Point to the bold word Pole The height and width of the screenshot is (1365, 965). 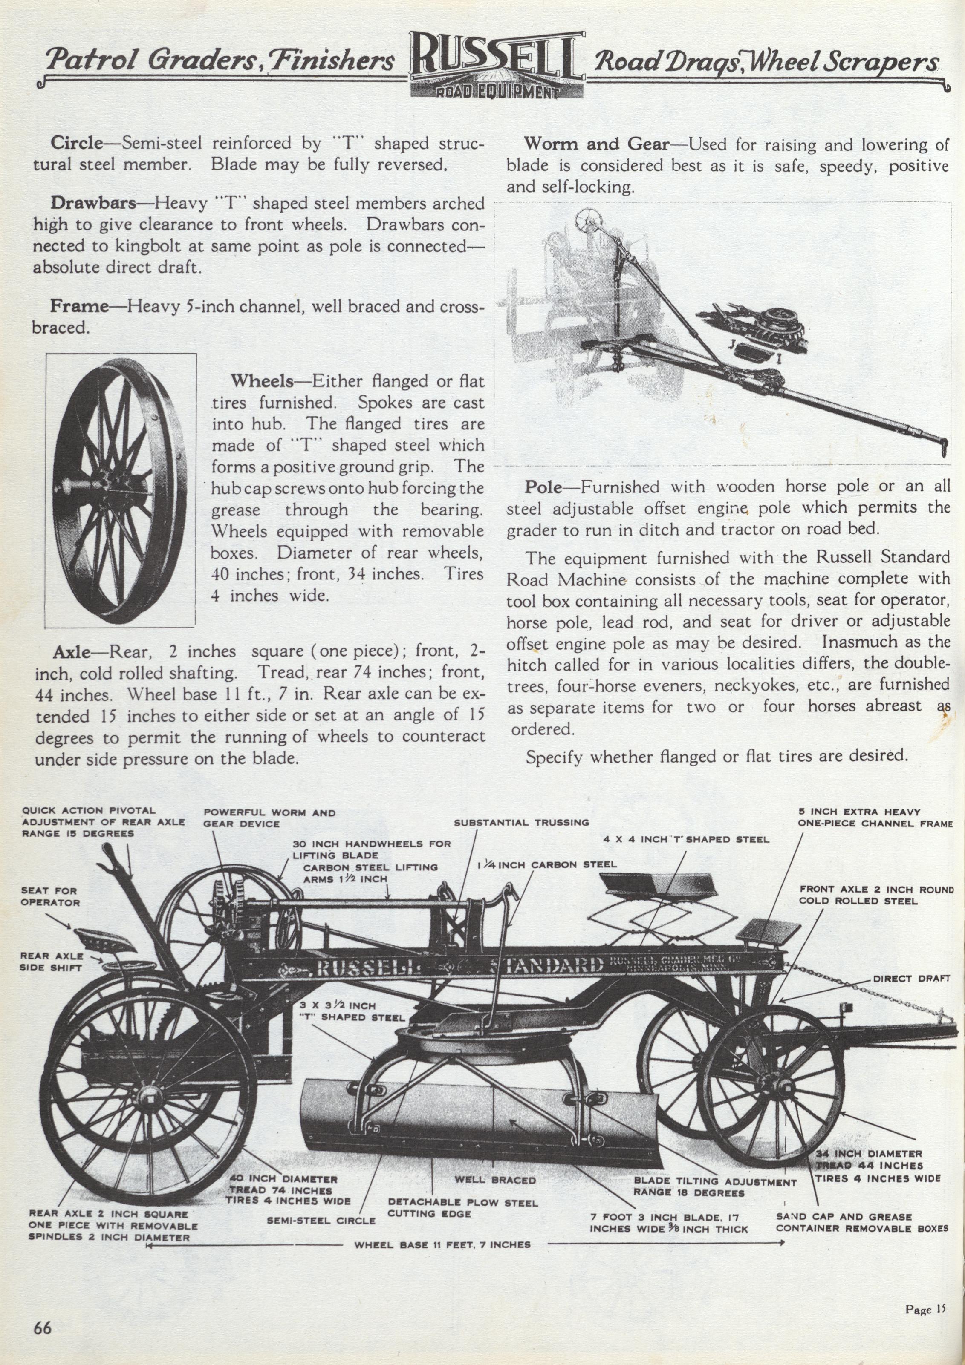click(x=543, y=487)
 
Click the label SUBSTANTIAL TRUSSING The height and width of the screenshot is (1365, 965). click(x=521, y=822)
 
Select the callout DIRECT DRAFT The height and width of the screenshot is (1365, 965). click(x=911, y=979)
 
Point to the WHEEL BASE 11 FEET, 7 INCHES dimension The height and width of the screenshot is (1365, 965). click(x=442, y=1244)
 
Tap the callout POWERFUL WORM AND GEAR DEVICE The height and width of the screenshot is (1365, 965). click(x=269, y=818)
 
